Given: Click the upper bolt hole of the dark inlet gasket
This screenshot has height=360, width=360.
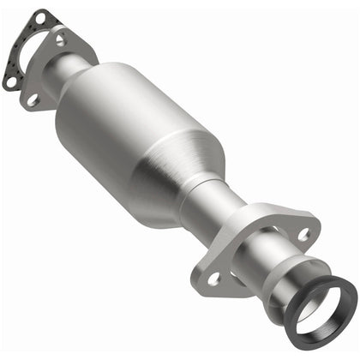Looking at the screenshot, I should (x=38, y=18).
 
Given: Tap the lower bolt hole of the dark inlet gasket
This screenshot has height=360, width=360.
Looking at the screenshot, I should (x=9, y=82).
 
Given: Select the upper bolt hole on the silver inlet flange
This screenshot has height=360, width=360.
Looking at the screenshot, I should (x=60, y=39).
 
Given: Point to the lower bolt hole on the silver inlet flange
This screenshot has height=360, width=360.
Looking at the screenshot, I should (x=32, y=100).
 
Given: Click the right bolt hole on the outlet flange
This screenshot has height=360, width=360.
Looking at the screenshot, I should (x=303, y=234).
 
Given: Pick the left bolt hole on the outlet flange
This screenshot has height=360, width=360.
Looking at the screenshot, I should (x=213, y=278).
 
